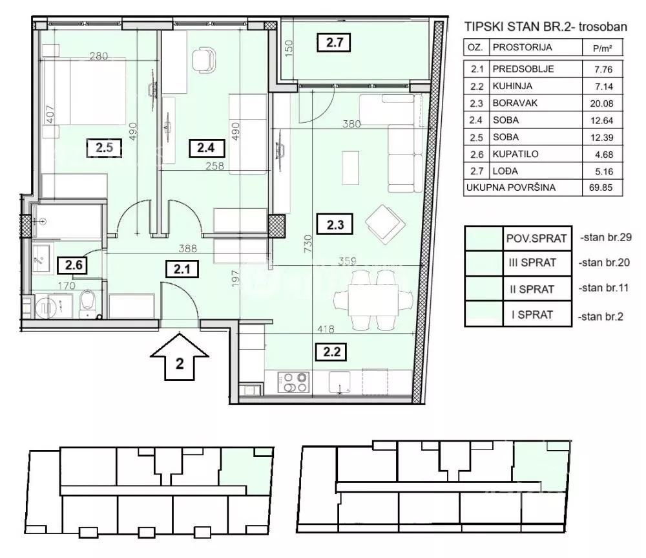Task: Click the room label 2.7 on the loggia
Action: (334, 43)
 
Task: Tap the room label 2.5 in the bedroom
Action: (104, 147)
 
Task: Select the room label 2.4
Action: (207, 147)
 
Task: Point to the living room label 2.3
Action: (335, 225)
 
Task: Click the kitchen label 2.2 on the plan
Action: (331, 352)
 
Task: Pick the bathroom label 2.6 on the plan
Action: (74, 264)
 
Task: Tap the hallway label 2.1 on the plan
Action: (182, 269)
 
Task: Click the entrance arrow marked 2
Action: (179, 357)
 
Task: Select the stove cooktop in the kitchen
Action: (293, 382)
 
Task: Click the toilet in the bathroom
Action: (88, 303)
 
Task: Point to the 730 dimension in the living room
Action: (307, 244)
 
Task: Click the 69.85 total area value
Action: (601, 188)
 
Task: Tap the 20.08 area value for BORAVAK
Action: (601, 103)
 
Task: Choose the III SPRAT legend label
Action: (532, 263)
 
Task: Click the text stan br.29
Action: (606, 237)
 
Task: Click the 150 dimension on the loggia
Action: (288, 48)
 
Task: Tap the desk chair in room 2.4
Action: (203, 59)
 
